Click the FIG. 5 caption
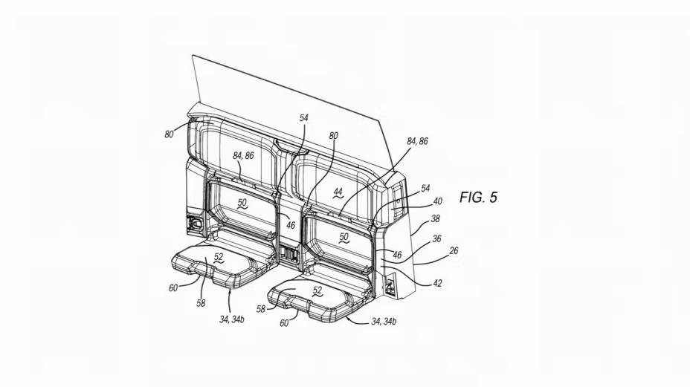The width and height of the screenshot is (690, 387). pyautogui.click(x=478, y=197)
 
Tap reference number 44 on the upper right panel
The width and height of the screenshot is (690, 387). pyautogui.click(x=338, y=192)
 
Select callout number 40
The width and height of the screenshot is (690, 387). pyautogui.click(x=437, y=201)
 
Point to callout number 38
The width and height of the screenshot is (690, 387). pyautogui.click(x=435, y=218)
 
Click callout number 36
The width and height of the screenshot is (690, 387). pyautogui.click(x=436, y=238)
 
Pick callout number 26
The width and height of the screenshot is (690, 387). pyautogui.click(x=454, y=250)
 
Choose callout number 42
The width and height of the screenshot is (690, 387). pyautogui.click(x=437, y=283)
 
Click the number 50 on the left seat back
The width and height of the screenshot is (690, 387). pyautogui.click(x=242, y=204)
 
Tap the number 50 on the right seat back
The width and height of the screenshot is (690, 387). pyautogui.click(x=344, y=237)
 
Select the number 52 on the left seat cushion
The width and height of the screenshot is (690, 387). pyautogui.click(x=219, y=257)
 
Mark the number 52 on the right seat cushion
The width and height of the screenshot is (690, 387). pyautogui.click(x=317, y=290)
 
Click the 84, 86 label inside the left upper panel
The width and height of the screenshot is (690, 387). pyautogui.click(x=243, y=156)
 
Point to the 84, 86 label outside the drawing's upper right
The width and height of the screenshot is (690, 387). pyautogui.click(x=417, y=141)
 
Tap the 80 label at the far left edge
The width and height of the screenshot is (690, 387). pyautogui.click(x=169, y=134)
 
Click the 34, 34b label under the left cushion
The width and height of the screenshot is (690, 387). pyautogui.click(x=232, y=319)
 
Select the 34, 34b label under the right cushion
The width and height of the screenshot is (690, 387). pyautogui.click(x=384, y=322)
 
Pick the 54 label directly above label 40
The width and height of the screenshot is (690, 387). pyautogui.click(x=425, y=188)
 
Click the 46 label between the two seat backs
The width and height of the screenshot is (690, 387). pyautogui.click(x=291, y=226)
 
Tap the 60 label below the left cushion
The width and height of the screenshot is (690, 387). pyautogui.click(x=173, y=287)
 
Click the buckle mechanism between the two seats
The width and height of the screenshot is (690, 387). pyautogui.click(x=288, y=255)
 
